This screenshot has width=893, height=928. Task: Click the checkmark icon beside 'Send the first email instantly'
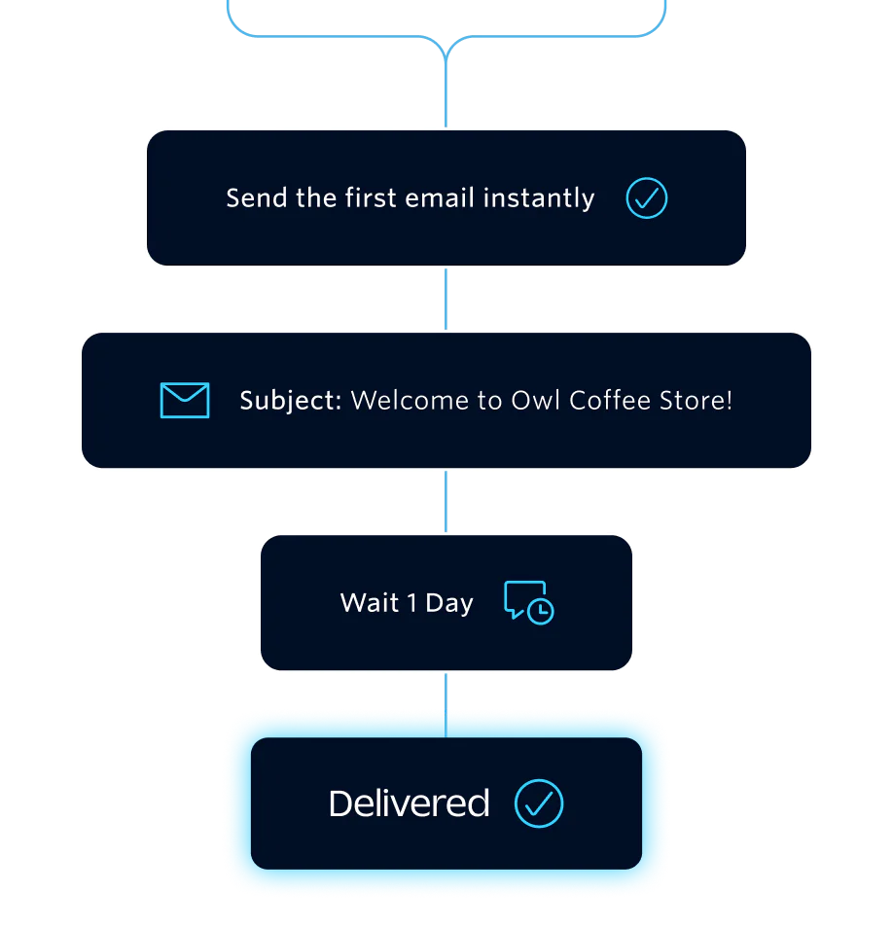(647, 198)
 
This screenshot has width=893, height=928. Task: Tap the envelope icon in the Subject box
(185, 400)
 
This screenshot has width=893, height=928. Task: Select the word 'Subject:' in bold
(290, 400)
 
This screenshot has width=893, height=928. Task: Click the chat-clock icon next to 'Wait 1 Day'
(529, 602)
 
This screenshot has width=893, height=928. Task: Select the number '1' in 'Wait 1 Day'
(411, 603)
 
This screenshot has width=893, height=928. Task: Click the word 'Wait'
(370, 603)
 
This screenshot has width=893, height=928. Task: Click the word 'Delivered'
(409, 803)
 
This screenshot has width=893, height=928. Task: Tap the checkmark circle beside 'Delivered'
(539, 803)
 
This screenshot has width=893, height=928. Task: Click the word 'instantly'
(539, 198)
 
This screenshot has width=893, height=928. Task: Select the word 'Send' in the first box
(257, 198)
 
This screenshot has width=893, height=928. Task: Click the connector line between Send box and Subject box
(446, 300)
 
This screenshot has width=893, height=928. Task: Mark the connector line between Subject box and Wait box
(446, 502)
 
